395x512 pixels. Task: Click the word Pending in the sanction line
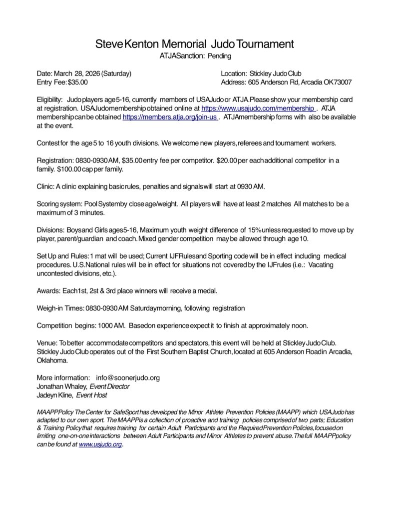click(x=219, y=56)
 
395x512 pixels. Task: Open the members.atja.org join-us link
click(x=170, y=117)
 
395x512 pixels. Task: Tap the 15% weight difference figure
click(x=249, y=230)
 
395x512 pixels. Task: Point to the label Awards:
click(x=48, y=290)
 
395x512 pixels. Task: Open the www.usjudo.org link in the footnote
click(x=100, y=444)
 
